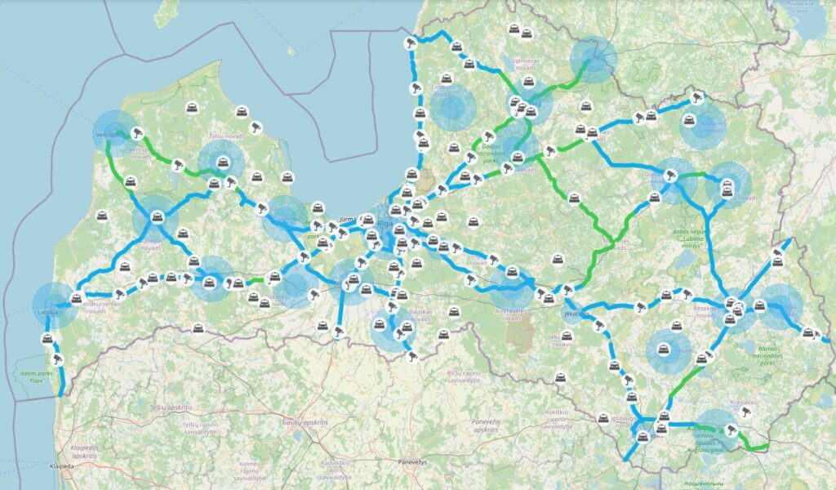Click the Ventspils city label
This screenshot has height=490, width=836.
click(x=108, y=132)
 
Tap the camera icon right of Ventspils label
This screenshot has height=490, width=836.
click(x=138, y=131)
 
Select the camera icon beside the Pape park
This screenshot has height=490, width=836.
click(x=57, y=359)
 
